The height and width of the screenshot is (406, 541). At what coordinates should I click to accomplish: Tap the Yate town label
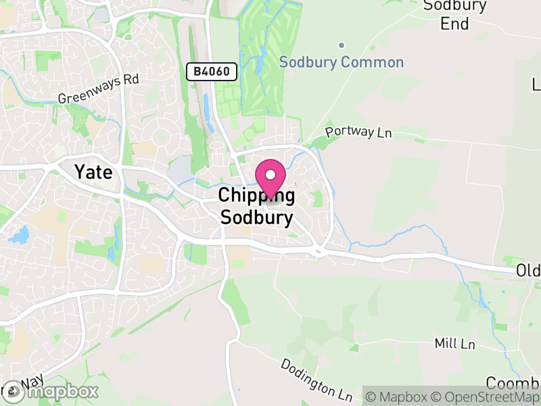[x=93, y=172]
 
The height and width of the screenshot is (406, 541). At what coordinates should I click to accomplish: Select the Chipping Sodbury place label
[x=256, y=206]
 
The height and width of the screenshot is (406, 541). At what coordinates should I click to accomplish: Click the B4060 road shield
[x=212, y=70]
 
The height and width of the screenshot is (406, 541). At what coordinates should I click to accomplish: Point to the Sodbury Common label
[x=342, y=62]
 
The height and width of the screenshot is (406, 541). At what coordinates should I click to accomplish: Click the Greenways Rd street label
[x=98, y=89]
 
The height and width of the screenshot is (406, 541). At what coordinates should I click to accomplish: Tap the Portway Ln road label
[x=358, y=132]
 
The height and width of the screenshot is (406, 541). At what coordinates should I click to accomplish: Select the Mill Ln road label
[x=455, y=344]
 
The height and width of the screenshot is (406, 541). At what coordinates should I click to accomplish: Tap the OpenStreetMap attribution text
[x=487, y=397]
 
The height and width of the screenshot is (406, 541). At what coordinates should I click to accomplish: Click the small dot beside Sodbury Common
[x=342, y=45]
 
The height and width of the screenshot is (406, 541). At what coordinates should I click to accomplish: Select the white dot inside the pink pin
[x=270, y=175]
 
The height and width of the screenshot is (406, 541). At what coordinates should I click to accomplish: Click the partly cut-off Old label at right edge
[x=528, y=271]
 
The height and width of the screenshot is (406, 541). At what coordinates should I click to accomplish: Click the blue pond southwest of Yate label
[x=20, y=235]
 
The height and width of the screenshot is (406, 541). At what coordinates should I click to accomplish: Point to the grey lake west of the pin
[x=180, y=170]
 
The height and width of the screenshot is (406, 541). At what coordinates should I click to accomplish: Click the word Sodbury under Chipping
[x=257, y=218]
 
